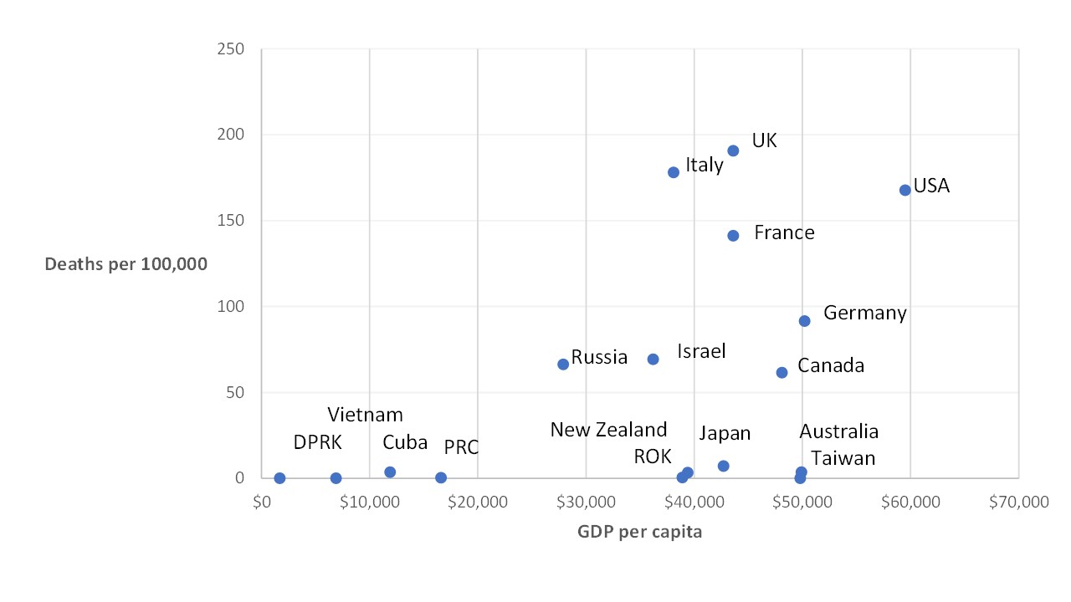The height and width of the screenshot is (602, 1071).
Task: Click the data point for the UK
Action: pos(733,150)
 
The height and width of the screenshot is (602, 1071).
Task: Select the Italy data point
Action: pos(674,172)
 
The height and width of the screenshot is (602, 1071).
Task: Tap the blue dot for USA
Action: pos(904,190)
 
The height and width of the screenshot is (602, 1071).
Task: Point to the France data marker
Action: pos(733,236)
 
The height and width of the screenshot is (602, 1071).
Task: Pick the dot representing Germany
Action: pos(804,321)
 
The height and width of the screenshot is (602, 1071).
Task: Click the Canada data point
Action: pos(781,372)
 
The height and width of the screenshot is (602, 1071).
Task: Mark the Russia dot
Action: pos(563,364)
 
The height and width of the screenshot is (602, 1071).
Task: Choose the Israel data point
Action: pos(653,359)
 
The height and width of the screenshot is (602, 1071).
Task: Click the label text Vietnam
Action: pos(365,415)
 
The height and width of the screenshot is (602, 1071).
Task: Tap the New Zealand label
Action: pos(608,430)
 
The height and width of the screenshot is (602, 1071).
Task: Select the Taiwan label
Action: pos(843,458)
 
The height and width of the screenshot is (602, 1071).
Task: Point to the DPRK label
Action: pos(317,442)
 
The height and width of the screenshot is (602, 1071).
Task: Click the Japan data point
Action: pos(723,466)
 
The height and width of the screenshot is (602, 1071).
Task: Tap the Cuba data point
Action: pos(390,472)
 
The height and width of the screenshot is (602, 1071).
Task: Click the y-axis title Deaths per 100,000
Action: pos(126,264)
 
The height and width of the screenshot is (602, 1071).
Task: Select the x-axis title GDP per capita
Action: pos(639,532)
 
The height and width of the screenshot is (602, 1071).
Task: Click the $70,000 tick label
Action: pos(1017,502)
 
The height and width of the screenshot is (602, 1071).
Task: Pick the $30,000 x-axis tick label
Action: pos(586,502)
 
